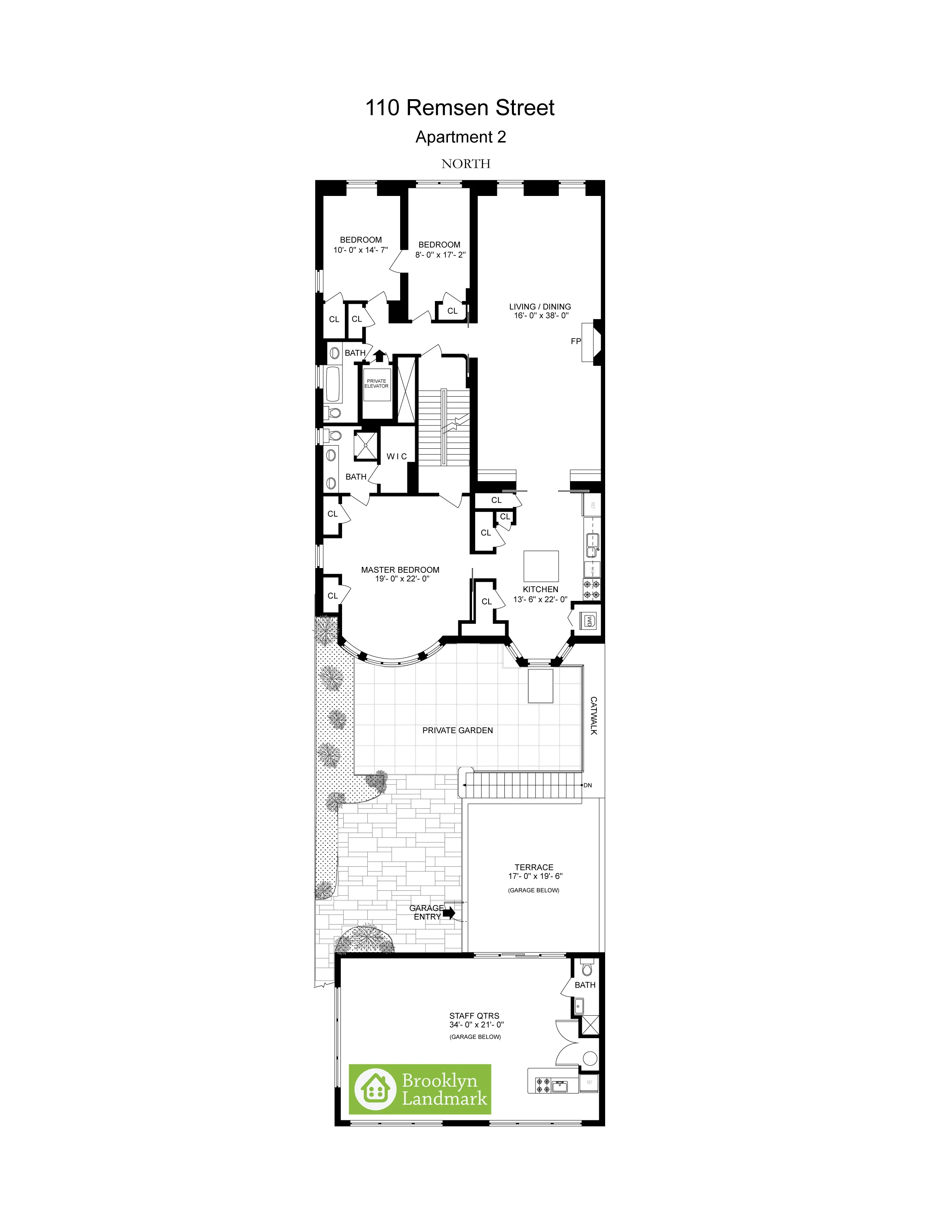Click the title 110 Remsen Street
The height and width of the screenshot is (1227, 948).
[459, 108]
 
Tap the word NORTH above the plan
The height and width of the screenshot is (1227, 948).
[466, 164]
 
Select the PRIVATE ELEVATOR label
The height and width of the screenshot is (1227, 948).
[376, 384]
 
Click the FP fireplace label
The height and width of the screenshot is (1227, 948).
[576, 341]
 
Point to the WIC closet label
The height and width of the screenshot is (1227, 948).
[397, 456]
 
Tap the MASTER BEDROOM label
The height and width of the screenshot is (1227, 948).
[400, 570]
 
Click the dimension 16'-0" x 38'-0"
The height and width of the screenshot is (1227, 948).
[541, 316]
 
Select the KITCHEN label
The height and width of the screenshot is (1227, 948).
[540, 589]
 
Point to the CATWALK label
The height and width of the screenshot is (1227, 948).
[594, 716]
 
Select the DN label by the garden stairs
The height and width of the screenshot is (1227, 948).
[587, 785]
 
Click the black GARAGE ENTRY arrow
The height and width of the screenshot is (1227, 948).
[449, 913]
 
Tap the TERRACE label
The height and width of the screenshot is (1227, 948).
[534, 868]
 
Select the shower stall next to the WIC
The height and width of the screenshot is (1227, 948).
[366, 445]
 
